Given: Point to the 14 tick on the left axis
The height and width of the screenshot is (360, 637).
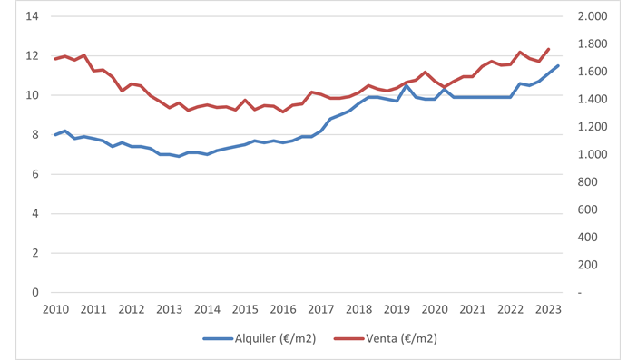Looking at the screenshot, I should (33, 16).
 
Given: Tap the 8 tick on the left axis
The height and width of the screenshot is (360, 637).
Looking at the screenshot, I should (35, 135).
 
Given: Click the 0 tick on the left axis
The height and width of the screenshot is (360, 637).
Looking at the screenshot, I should (35, 293).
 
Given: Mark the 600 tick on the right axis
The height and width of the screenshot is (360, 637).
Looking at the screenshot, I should (586, 209).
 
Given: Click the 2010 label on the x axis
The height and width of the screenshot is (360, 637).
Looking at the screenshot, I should (55, 309).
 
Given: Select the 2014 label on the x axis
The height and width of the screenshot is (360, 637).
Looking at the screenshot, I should (207, 309).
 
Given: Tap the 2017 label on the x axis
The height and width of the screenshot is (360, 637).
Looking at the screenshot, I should (321, 309).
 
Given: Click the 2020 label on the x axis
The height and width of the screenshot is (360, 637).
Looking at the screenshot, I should (435, 309).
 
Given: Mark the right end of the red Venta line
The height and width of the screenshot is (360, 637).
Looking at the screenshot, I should (549, 49).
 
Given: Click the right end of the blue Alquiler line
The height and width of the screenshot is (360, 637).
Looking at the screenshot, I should (558, 66).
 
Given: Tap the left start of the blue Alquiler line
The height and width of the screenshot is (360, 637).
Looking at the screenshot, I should (55, 135).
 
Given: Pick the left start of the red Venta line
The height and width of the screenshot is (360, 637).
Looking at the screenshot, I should (55, 59).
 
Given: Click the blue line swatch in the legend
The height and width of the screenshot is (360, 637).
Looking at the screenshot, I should (218, 338).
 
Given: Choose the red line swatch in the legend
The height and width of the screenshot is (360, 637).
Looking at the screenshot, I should (348, 338).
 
